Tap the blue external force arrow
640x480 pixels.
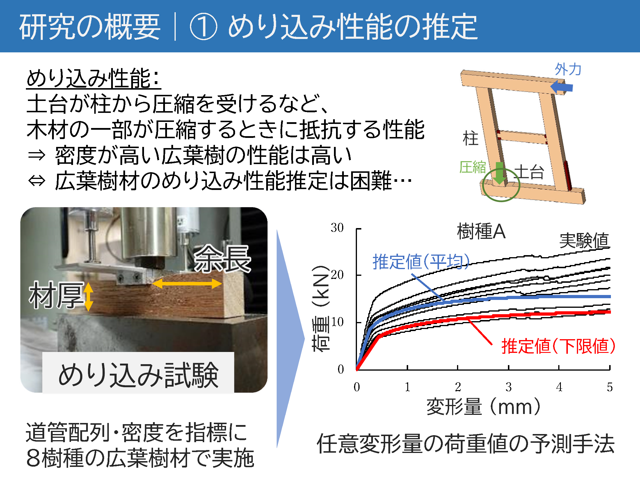[x=561, y=87]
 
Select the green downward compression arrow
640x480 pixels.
[x=500, y=173]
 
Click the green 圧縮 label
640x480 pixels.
[x=473, y=167]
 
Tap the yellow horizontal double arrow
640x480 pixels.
[x=187, y=284]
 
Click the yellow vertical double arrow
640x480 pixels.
[x=88, y=297]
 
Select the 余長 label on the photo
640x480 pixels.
[x=222, y=259]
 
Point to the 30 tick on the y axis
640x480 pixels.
[x=337, y=227]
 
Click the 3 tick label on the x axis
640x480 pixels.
[x=509, y=387]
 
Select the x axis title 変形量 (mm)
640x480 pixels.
[x=483, y=407]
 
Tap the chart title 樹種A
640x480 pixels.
[x=481, y=232]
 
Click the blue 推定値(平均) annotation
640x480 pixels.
[x=421, y=262]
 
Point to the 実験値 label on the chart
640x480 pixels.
[x=584, y=241]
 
